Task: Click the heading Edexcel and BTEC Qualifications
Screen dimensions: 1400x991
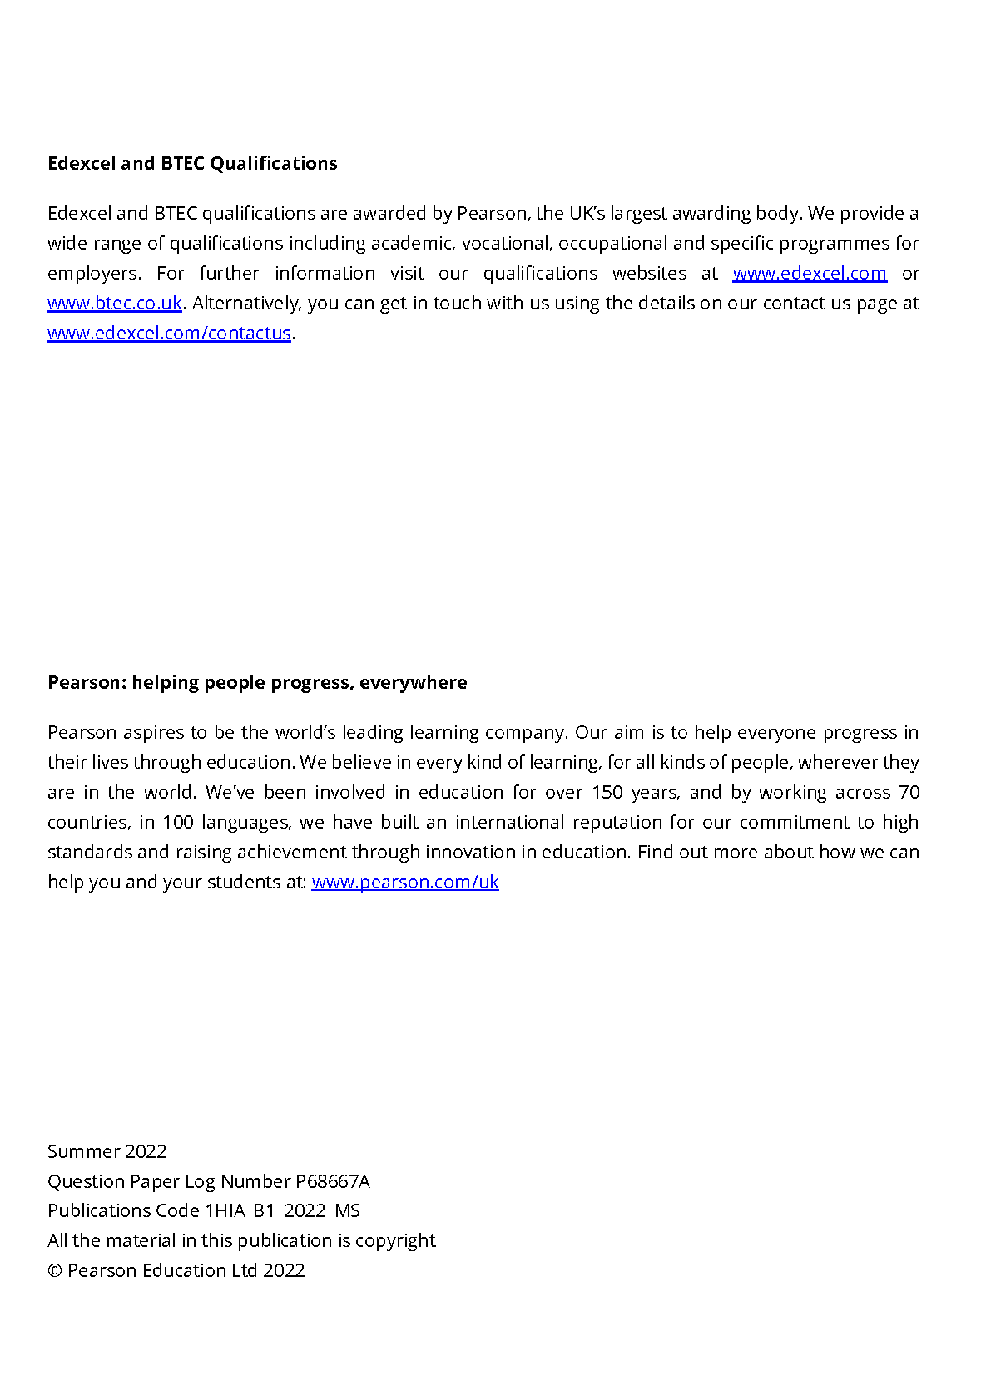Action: [x=192, y=163]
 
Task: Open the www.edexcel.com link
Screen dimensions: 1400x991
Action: [x=809, y=274]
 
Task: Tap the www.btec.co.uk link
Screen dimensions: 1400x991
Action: [x=115, y=304]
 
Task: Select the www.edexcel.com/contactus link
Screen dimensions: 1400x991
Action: [x=169, y=334]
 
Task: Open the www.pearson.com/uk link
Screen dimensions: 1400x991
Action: [x=405, y=883]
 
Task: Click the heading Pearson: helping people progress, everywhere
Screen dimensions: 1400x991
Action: [x=257, y=682]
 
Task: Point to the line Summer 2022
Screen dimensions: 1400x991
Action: [x=107, y=1151]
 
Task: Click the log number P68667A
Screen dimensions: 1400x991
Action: [x=333, y=1181]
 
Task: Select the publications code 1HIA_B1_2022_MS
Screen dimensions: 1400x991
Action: [x=283, y=1210]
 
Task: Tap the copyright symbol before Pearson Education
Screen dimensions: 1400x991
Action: [x=55, y=1271]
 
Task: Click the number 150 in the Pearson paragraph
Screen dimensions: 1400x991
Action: [x=607, y=793]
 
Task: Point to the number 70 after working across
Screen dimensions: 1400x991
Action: [x=909, y=793]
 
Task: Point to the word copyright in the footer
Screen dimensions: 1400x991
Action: [x=395, y=1241]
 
